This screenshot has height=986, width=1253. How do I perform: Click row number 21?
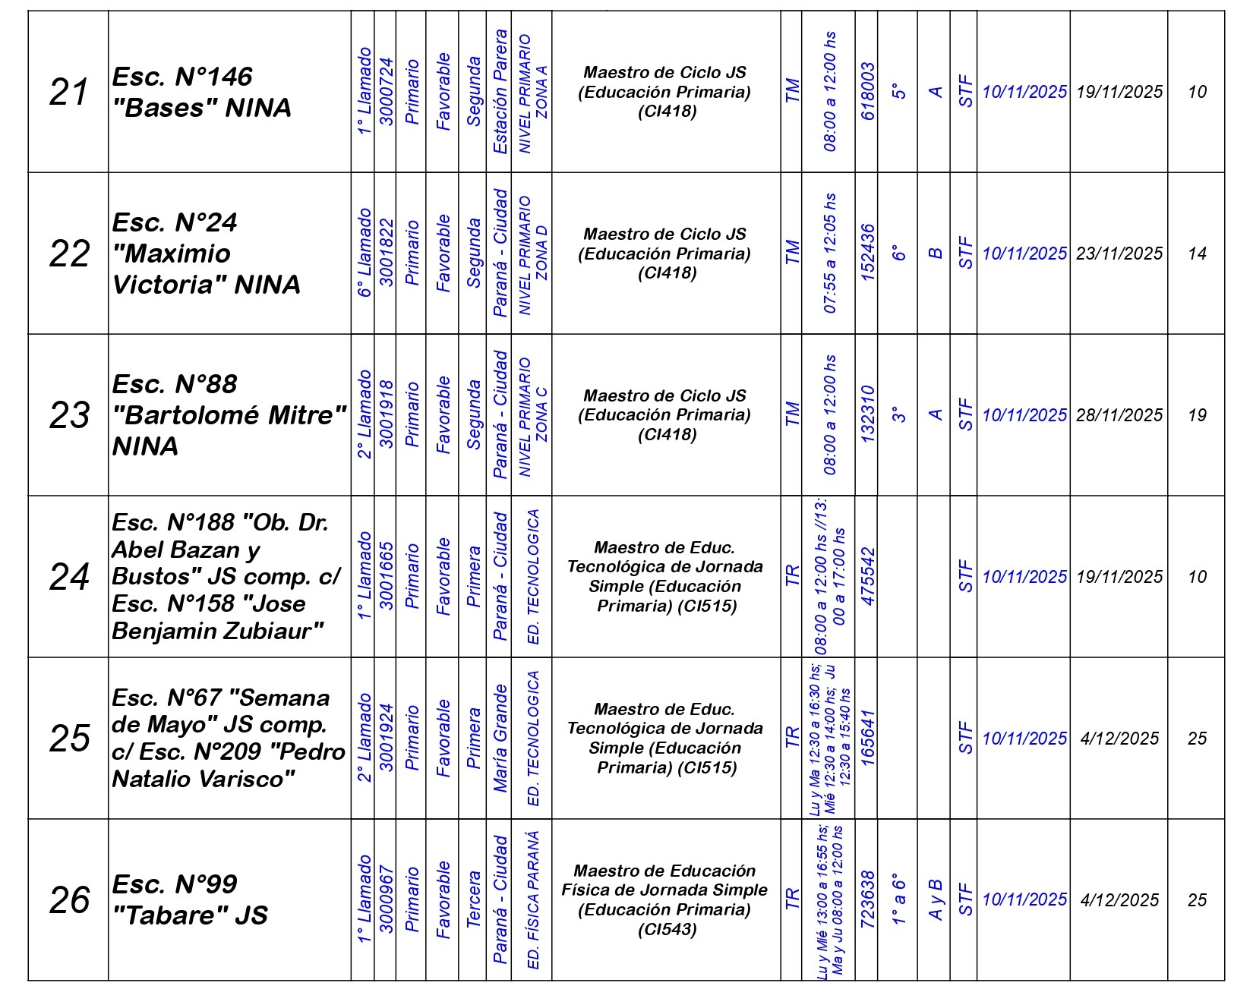[68, 93]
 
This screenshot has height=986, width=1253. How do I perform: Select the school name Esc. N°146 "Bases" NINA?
[202, 93]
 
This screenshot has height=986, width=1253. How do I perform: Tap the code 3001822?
[386, 254]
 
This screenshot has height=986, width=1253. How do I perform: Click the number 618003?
[867, 92]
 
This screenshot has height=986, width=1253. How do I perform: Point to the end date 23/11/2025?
[1119, 254]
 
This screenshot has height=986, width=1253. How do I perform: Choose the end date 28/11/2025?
[1119, 415]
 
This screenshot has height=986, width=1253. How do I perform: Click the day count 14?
[1197, 254]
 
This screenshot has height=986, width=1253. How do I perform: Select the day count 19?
[1197, 415]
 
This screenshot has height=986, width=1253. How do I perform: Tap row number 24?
[68, 577]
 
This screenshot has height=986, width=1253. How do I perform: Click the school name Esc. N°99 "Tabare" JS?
[190, 899]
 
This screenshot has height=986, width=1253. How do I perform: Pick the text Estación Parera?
[500, 92]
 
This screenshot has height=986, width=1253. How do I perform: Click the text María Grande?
[500, 739]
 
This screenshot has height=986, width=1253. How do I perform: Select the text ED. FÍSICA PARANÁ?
[533, 899]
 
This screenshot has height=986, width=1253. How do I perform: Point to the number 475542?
[867, 577]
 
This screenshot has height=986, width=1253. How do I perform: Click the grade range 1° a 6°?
[899, 899]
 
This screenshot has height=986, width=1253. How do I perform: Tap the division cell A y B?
[936, 899]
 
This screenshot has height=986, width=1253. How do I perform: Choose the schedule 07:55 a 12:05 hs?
[830, 254]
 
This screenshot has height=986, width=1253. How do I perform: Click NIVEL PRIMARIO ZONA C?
[533, 415]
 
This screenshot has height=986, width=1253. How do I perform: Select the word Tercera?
[472, 899]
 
